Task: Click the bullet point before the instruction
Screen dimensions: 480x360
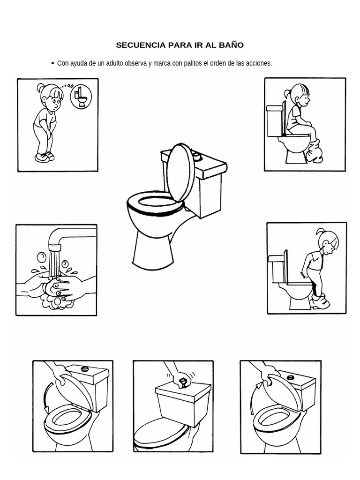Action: (x=52, y=63)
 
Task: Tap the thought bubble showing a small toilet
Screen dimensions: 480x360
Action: (x=81, y=96)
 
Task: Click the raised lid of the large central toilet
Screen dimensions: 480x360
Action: (x=180, y=169)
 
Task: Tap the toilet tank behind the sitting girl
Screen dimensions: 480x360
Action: (x=275, y=120)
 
